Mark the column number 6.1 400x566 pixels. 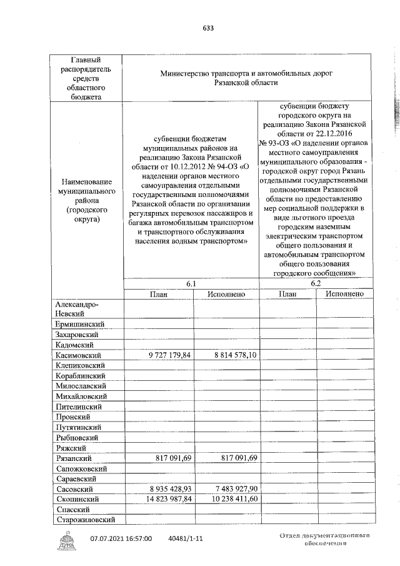pyautogui.click(x=191, y=284)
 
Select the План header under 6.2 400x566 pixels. pyautogui.click(x=287, y=294)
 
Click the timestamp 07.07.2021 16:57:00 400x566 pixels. pyautogui.click(x=121, y=538)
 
